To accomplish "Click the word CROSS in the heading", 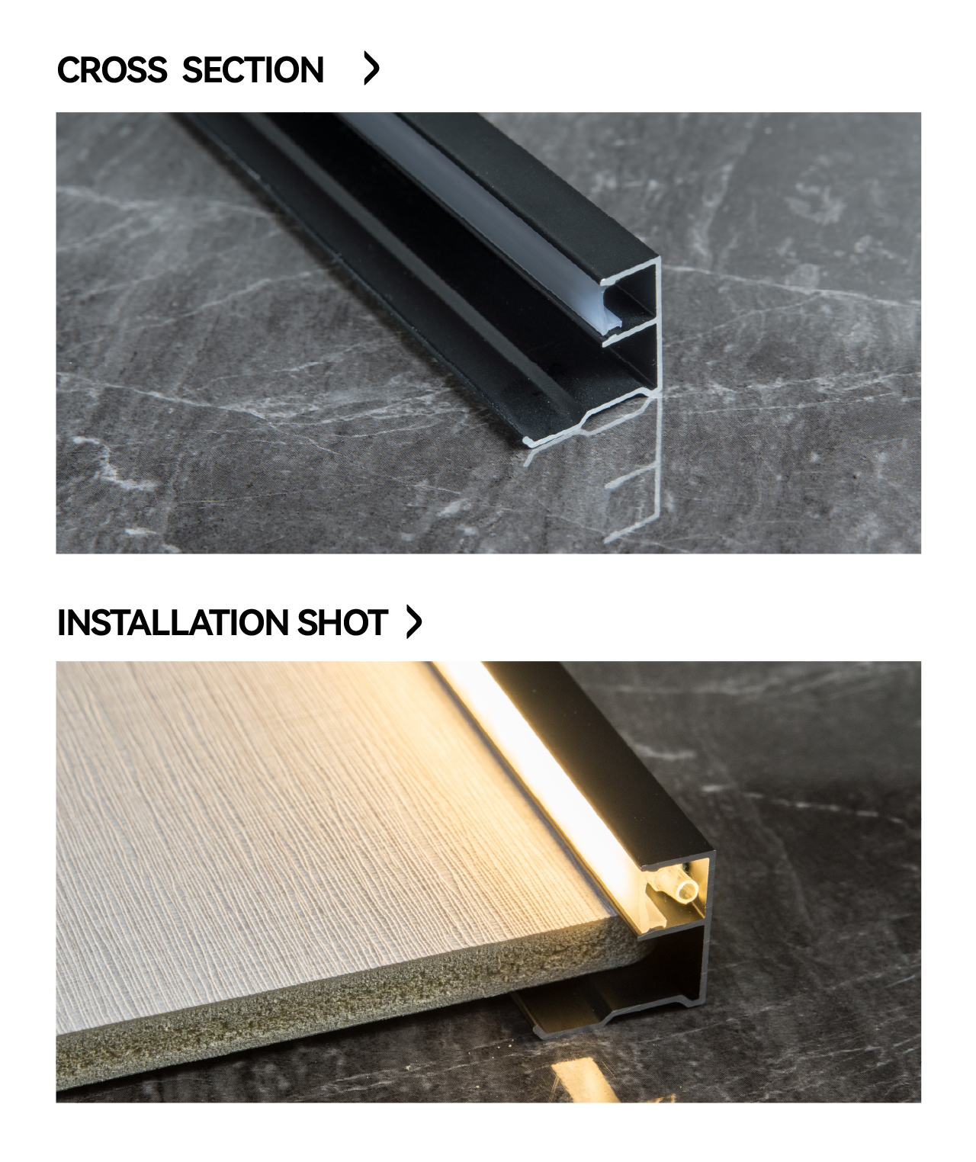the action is coord(112,70).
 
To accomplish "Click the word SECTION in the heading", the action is coord(253,70).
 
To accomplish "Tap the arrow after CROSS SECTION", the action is coord(371,68).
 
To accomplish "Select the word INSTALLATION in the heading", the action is coord(173,622).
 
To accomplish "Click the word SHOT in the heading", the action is coord(342,622).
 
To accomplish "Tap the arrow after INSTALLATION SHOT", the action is coord(414,621).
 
